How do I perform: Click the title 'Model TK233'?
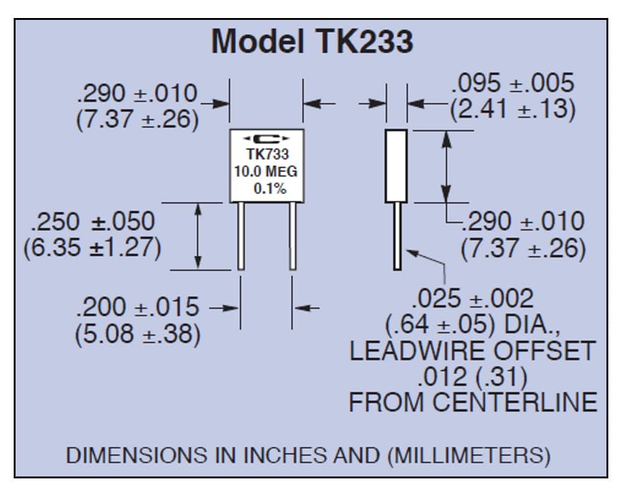point(312,41)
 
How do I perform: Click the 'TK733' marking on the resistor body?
point(267,154)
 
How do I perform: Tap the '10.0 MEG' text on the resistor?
point(266,171)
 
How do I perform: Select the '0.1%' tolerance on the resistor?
point(270,189)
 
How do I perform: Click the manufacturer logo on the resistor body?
point(266,139)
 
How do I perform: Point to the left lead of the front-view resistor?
point(241,236)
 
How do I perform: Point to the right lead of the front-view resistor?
point(293,236)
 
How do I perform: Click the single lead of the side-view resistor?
point(397,237)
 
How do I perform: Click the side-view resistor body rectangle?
point(396,166)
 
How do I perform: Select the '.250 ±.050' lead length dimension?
point(93,221)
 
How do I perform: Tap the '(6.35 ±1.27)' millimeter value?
point(93,248)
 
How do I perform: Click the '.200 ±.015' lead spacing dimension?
point(137,307)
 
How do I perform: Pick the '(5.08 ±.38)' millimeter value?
point(137,334)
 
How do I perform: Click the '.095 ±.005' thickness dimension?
point(513,83)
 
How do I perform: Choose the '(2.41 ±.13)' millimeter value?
point(513,109)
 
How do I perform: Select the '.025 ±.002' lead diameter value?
point(473,298)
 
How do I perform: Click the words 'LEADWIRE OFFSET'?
point(472,351)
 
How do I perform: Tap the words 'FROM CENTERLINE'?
point(473,403)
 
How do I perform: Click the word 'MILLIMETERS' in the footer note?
point(469,455)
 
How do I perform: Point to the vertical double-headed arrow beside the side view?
point(447,166)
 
